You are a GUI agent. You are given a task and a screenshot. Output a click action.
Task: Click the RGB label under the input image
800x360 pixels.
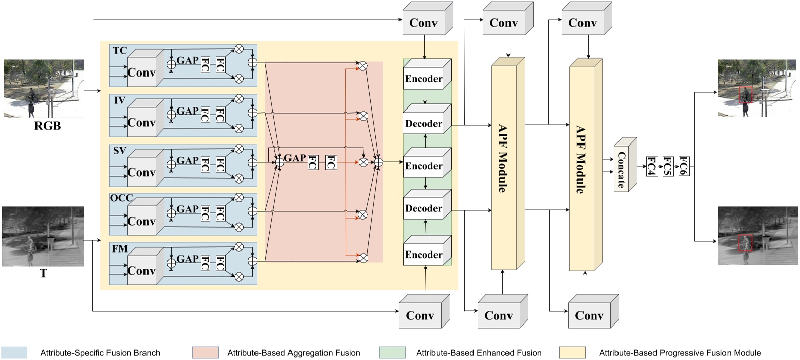47,126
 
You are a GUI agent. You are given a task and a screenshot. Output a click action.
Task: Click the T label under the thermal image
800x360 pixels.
43,274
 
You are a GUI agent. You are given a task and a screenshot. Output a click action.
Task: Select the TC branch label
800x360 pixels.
120,51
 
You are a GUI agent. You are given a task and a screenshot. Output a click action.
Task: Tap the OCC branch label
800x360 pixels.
121,198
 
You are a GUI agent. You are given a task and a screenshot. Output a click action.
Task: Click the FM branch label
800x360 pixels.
120,248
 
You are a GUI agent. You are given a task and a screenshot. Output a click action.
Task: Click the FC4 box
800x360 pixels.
651,166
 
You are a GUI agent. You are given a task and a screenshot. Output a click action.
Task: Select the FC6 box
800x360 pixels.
683,166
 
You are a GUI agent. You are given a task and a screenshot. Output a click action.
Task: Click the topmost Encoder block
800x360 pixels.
423,79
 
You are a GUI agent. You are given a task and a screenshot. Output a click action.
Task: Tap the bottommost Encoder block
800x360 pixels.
423,255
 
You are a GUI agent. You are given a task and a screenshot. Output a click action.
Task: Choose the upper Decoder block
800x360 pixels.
423,123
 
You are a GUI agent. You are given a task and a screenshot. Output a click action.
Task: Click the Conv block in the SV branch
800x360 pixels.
141,172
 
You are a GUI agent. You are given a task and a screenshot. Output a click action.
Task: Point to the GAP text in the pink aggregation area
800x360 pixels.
295,158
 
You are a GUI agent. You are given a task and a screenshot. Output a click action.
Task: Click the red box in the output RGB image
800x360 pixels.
745,94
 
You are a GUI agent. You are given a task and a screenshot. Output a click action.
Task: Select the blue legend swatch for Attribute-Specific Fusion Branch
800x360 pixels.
14,353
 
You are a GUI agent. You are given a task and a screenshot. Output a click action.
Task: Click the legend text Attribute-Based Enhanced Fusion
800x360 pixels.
479,353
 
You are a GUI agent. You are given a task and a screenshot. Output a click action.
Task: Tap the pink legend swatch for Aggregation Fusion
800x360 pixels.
205,353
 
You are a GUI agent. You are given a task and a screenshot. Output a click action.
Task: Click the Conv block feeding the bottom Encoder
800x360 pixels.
420,315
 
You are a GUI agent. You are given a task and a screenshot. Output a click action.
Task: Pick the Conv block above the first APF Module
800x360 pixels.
503,23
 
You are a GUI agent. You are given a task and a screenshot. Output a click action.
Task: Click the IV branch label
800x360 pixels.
119,100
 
